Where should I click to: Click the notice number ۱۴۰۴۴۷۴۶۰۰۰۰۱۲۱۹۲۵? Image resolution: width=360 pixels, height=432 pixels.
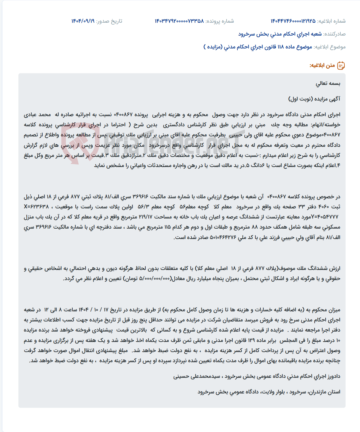pos(293,21)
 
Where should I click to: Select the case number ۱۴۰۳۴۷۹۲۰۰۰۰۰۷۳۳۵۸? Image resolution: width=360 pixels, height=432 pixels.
pos(179,21)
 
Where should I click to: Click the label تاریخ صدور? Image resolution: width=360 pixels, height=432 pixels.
pos(109,21)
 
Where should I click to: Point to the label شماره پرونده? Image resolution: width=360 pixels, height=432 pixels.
pos(220,21)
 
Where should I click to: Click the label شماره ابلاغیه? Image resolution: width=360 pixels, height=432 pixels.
pos(331,21)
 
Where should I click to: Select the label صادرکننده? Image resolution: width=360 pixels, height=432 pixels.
pos(335,34)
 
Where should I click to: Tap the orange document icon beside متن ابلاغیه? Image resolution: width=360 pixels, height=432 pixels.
pos(341,66)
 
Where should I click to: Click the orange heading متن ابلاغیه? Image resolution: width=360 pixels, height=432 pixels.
pos(322,66)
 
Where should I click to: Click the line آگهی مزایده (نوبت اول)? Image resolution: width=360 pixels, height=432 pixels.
pos(314,99)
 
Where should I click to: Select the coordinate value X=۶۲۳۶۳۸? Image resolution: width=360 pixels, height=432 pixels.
pos(36,207)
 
